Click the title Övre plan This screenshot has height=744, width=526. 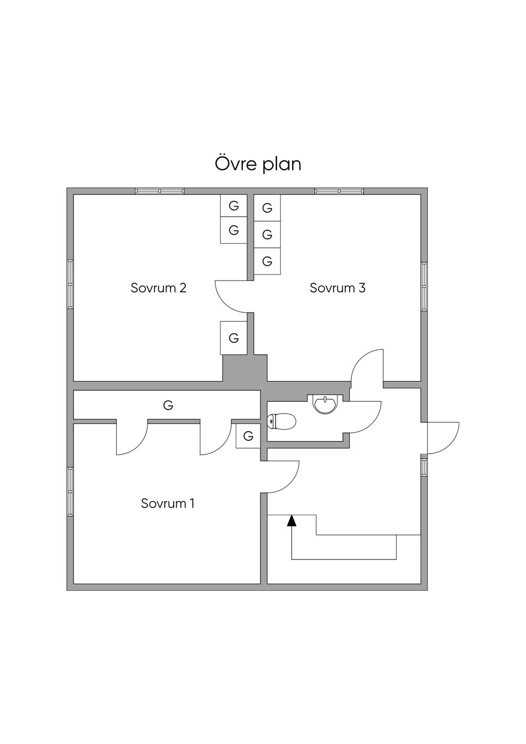tap(258, 164)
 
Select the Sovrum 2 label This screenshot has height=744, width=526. tap(158, 288)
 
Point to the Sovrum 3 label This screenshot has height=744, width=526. tap(337, 288)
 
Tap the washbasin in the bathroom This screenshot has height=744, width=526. tap(326, 404)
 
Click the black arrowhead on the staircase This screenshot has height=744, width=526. tap(291, 520)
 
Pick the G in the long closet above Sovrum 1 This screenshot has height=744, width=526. tap(168, 405)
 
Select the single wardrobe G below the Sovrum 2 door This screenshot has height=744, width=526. tap(234, 338)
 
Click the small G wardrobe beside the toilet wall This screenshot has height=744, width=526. tap(248, 435)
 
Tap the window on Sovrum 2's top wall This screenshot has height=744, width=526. tap(160, 191)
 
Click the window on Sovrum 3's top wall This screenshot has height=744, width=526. tap(339, 191)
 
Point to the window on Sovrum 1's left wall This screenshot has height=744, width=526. tap(70, 491)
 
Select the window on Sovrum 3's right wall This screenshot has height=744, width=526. tap(424, 286)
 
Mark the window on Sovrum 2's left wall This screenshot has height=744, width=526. tap(70, 284)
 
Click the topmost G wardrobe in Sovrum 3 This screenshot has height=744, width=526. tap(267, 208)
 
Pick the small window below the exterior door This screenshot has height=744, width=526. tap(424, 467)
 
